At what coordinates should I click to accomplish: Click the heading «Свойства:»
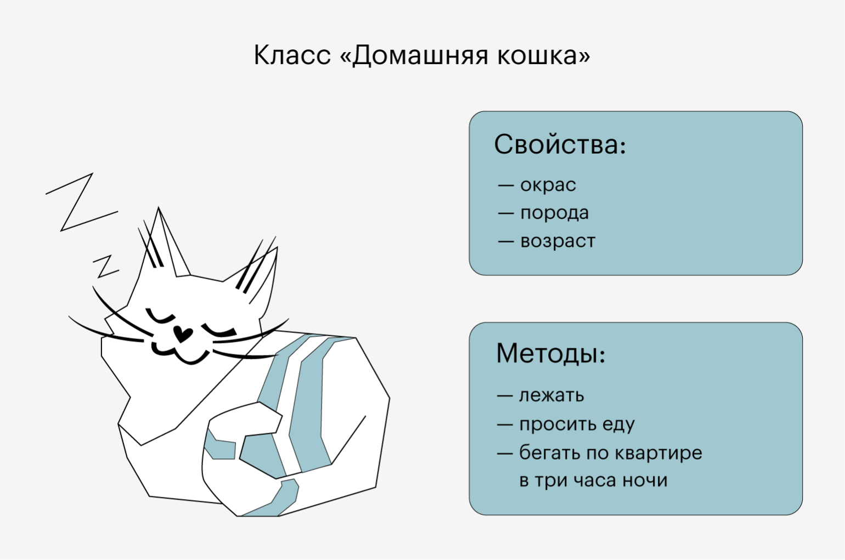point(560,144)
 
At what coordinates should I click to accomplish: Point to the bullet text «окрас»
point(548,185)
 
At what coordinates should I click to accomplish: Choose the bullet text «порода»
point(555,213)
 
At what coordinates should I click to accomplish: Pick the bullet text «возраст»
point(558,241)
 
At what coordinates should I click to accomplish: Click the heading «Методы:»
point(551,354)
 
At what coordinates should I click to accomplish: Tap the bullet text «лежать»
point(551,395)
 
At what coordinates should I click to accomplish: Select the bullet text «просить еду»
point(577,424)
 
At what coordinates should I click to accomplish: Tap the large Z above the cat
point(82,202)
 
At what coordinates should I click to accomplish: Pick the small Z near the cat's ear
point(106,266)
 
